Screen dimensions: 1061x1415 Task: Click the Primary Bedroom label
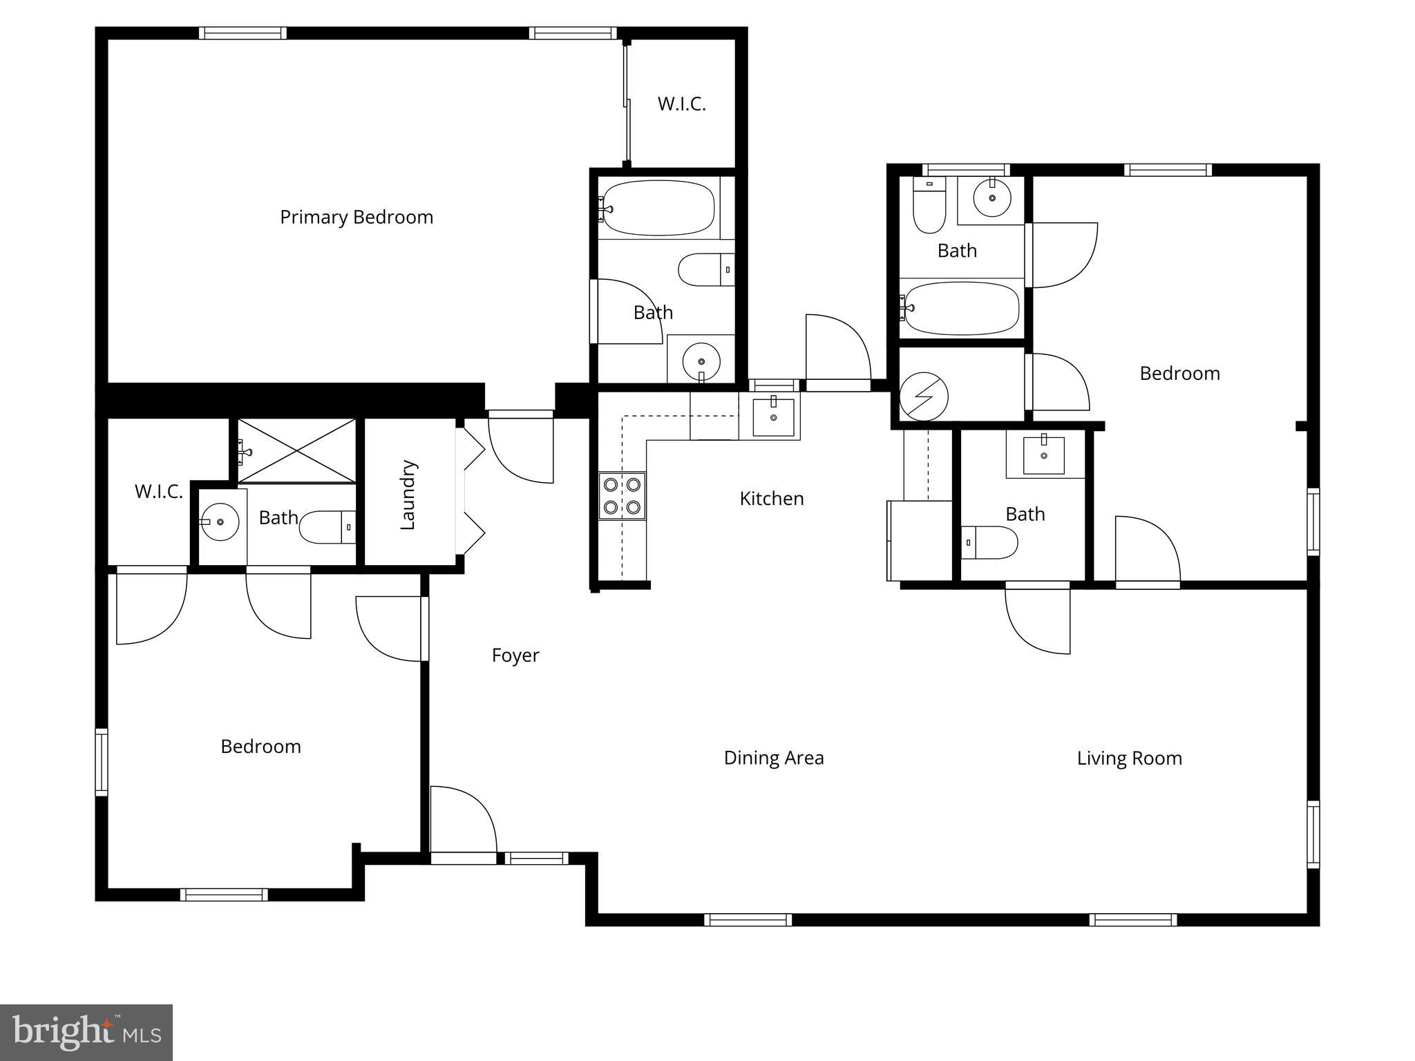pyautogui.click(x=357, y=217)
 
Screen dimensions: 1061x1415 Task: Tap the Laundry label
pyautogui.click(x=408, y=495)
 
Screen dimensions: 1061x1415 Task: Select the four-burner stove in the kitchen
pyautogui.click(x=623, y=495)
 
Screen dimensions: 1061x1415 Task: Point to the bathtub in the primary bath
pyautogui.click(x=656, y=208)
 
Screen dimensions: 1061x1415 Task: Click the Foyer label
pyautogui.click(x=515, y=655)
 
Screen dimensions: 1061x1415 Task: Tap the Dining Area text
pyautogui.click(x=774, y=758)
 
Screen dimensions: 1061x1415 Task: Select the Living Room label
pyautogui.click(x=1129, y=758)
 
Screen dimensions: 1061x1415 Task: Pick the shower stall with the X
pyautogui.click(x=296, y=450)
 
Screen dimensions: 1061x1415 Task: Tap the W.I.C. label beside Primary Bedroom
pyautogui.click(x=681, y=104)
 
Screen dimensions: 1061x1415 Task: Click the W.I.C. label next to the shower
pyautogui.click(x=159, y=491)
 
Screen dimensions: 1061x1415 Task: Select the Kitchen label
pyautogui.click(x=772, y=498)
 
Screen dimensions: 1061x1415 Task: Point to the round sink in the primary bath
pyautogui.click(x=701, y=361)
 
